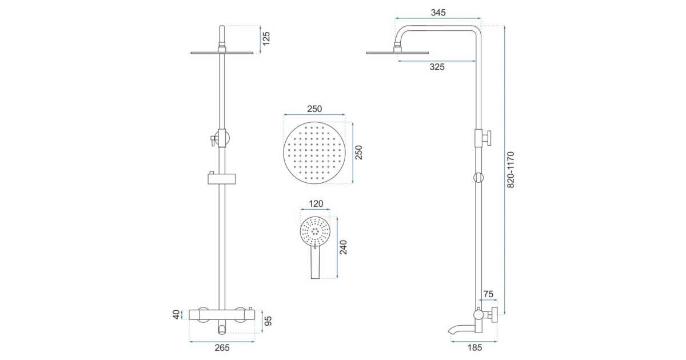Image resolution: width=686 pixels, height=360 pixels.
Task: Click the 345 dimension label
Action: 438,13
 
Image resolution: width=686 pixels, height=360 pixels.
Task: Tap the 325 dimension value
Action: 437,67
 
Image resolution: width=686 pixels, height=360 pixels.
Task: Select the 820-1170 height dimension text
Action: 510,170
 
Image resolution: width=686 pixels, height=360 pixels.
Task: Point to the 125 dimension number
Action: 266,39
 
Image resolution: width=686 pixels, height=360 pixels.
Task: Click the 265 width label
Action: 222,348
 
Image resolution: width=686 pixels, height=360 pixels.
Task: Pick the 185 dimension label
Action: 474,347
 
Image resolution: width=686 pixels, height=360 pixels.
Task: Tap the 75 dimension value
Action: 488,294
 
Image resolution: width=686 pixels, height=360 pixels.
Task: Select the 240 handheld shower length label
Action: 344,247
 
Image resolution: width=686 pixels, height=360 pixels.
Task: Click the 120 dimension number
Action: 316,203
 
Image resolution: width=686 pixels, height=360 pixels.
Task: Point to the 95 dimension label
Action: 268,321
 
